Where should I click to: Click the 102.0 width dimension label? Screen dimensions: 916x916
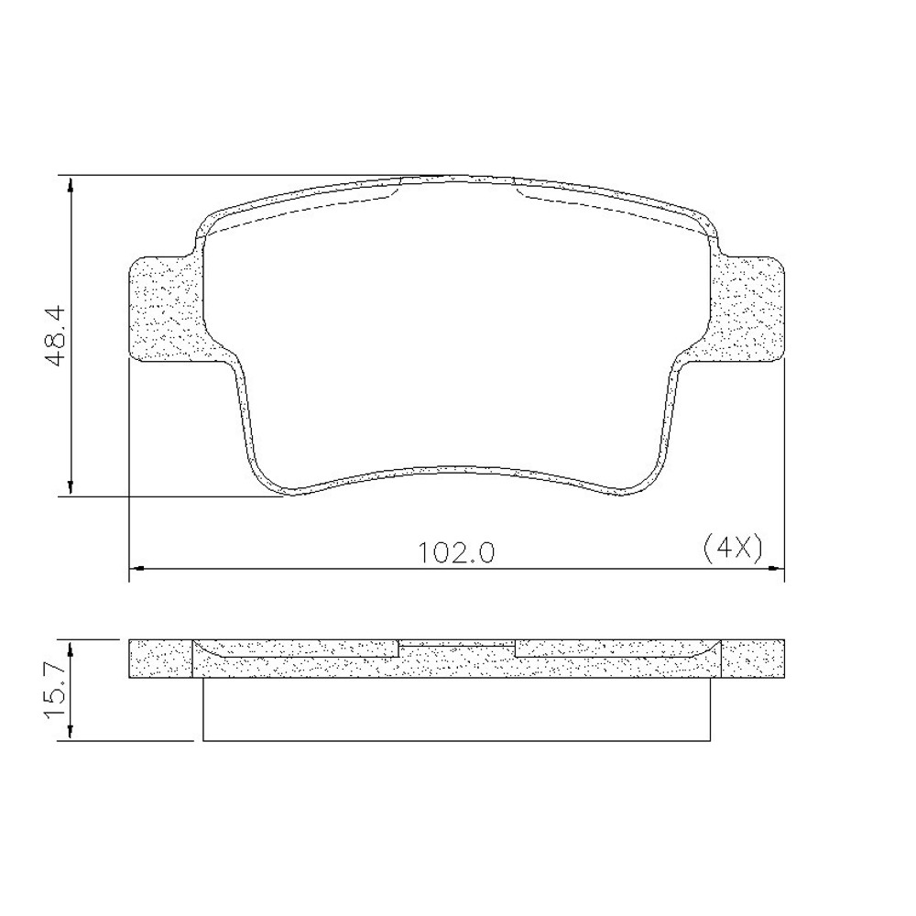(x=457, y=552)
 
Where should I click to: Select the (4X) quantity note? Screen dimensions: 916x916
(x=733, y=549)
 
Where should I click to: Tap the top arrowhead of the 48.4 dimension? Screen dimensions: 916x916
(x=71, y=184)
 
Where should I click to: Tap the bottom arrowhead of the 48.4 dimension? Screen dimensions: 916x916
(x=71, y=488)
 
